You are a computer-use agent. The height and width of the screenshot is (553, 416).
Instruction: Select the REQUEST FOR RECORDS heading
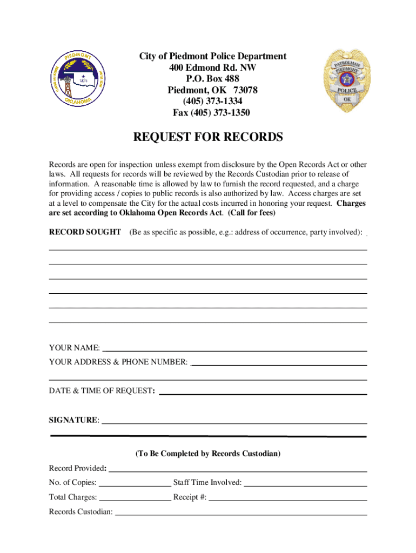point(208,138)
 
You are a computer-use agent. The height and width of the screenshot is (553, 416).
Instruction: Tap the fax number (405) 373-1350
point(211,113)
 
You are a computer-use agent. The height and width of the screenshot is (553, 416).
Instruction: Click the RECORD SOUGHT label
point(85,232)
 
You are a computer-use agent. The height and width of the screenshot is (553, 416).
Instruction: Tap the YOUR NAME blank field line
point(234,348)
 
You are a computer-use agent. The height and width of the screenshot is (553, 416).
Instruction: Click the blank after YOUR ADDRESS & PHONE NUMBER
point(279,362)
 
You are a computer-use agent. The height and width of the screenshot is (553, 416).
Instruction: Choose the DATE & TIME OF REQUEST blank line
point(263,392)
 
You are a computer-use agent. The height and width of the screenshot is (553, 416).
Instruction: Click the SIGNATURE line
point(234,420)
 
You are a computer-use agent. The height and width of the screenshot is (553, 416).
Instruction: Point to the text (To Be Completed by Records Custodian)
point(208,454)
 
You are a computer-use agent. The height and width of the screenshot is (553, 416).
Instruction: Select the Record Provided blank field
point(237,469)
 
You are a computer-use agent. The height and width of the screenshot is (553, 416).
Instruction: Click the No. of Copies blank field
point(135,483)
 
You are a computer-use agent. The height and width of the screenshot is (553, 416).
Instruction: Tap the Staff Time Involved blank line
point(306,483)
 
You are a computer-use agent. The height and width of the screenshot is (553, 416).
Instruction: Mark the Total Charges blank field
point(135,497)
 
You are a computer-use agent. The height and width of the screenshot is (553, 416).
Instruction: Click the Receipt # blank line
point(288,497)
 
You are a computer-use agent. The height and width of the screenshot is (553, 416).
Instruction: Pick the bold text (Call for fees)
point(252,213)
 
